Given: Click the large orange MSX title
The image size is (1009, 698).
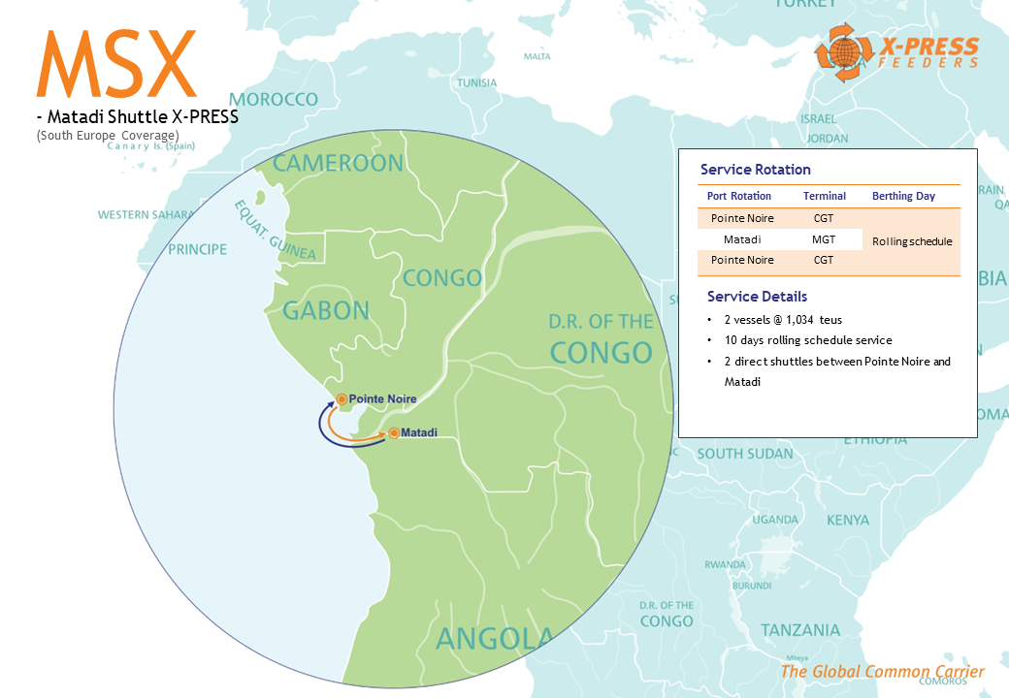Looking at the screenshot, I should pos(116,64).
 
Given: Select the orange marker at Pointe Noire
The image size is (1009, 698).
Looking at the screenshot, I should pos(342,398).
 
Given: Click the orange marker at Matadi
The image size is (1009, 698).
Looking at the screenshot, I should pos(394,432).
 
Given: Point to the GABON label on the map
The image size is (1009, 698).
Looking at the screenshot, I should pos(326,310).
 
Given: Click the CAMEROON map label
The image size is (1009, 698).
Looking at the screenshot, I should pos(338,163).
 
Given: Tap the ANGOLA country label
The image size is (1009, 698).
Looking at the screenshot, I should pos(495,639).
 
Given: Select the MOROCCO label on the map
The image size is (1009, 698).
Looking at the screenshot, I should pos(274,100).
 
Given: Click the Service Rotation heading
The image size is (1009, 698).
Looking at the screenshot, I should pos(755,170).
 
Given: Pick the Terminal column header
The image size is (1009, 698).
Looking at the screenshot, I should pos(824,196).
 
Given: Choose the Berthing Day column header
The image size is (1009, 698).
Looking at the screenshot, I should pos(903,196).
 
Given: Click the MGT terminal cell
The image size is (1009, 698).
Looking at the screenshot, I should pos(824,238).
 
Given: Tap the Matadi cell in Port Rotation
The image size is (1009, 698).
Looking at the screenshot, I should pos(741,238).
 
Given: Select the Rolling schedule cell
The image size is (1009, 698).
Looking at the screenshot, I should pos(912,241).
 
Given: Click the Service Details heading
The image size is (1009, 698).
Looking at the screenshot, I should pos(757,297).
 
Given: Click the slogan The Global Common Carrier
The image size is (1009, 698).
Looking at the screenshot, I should pos(882,672).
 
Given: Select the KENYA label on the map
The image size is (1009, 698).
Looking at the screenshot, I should pos(848,521).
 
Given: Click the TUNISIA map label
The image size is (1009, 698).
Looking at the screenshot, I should pos(476,82).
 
